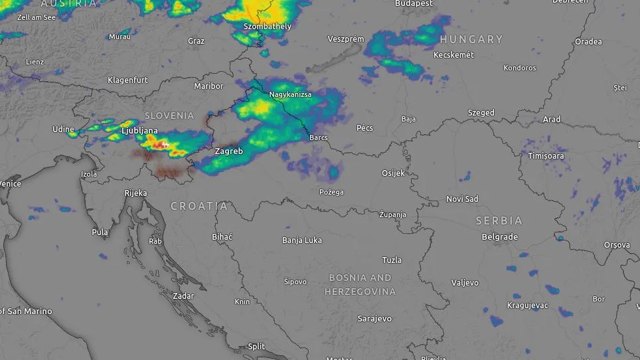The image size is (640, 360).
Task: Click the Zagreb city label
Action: (x=229, y=151)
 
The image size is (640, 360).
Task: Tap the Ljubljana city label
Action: (x=139, y=132)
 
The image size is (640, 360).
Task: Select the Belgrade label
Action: (x=499, y=237)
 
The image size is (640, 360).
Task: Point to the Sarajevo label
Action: (x=374, y=319)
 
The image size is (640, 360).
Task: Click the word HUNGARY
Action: (x=471, y=40)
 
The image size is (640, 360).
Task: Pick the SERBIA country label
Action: (x=499, y=221)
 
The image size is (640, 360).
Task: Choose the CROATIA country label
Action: (x=199, y=207)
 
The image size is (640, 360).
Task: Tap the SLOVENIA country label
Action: (x=169, y=116)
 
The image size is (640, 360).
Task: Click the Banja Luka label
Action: (x=302, y=240)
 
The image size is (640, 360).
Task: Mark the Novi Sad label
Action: (x=462, y=199)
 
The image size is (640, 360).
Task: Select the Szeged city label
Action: (x=481, y=113)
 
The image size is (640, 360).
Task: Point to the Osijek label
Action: (x=392, y=173)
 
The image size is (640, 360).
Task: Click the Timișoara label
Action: (x=546, y=156)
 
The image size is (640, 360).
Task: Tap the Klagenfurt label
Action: (x=127, y=80)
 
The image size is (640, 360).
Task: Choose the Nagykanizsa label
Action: (x=290, y=95)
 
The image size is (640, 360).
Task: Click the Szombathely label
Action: (x=268, y=27)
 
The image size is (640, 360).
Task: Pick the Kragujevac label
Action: (x=526, y=306)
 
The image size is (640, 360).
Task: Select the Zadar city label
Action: (x=183, y=296)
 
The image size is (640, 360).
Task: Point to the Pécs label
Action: (x=364, y=128)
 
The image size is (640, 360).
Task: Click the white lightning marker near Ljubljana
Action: (x=165, y=144)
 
